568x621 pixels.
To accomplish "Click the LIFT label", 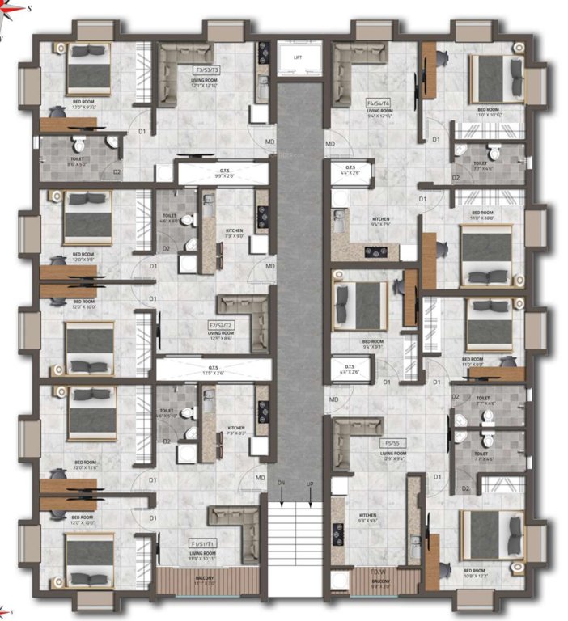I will pyautogui.click(x=299, y=57).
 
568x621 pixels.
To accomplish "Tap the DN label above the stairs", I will pyautogui.click(x=282, y=483).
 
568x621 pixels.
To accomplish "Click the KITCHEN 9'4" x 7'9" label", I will pyautogui.click(x=380, y=222).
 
